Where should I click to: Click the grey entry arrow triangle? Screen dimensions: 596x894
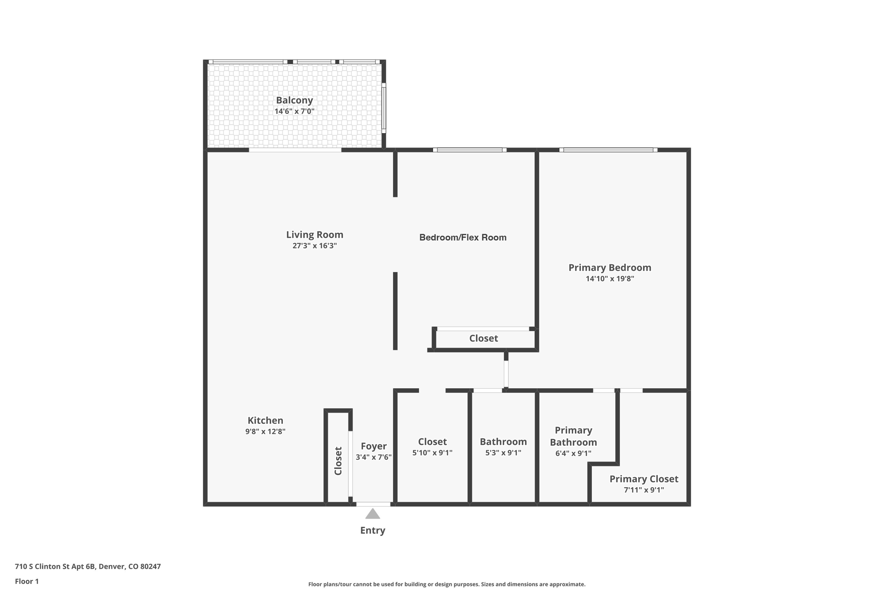tap(372, 514)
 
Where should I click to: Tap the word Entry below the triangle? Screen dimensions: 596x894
tap(372, 531)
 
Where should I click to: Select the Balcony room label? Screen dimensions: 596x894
tap(294, 100)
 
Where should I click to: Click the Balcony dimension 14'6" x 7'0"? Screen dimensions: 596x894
tap(294, 111)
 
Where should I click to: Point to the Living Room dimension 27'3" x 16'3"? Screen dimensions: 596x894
tap(314, 246)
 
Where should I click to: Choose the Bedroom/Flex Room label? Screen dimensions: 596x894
tap(463, 238)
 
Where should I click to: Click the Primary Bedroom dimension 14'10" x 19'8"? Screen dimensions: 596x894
tap(609, 279)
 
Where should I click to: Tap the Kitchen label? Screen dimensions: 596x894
tap(265, 420)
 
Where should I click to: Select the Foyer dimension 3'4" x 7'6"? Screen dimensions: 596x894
tap(373, 458)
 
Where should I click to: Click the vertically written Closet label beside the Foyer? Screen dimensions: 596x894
tap(338, 461)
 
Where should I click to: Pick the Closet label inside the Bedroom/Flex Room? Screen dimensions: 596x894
tap(483, 338)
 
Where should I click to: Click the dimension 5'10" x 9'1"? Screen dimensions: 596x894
tap(432, 453)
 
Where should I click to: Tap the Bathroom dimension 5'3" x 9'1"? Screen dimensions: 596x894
tap(503, 453)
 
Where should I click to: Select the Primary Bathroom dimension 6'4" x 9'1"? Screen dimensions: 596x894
tap(573, 454)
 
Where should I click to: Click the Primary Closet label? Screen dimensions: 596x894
tap(643, 479)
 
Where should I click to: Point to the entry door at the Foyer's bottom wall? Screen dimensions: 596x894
tap(373, 504)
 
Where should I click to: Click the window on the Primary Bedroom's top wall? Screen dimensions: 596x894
tap(608, 150)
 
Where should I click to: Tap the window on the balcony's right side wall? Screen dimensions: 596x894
tap(384, 107)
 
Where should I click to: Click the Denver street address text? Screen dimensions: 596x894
tap(88, 567)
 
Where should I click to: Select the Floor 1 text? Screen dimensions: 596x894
tap(27, 582)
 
